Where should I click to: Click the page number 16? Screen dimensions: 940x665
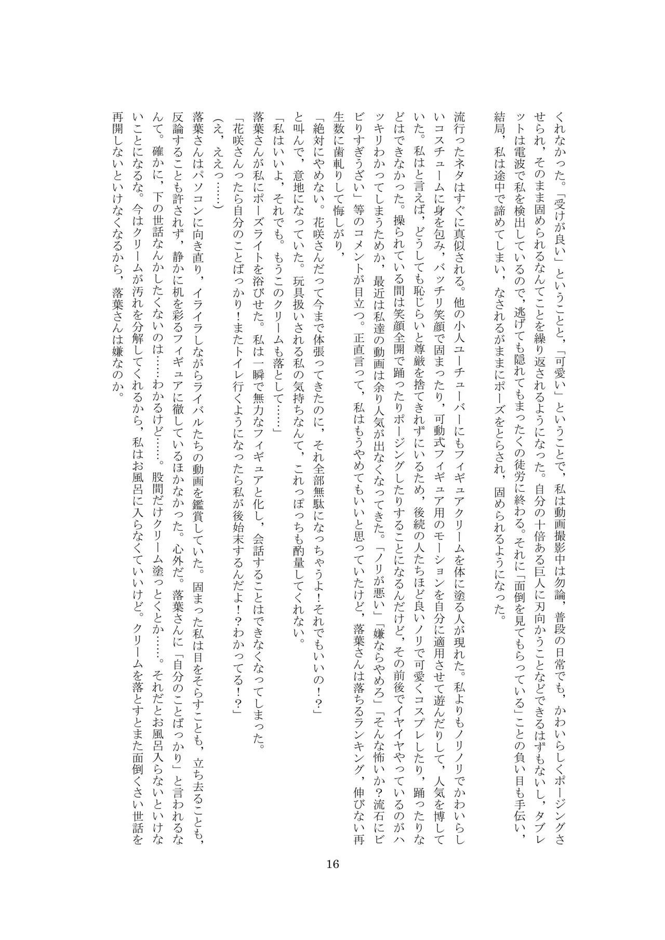click(332, 864)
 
